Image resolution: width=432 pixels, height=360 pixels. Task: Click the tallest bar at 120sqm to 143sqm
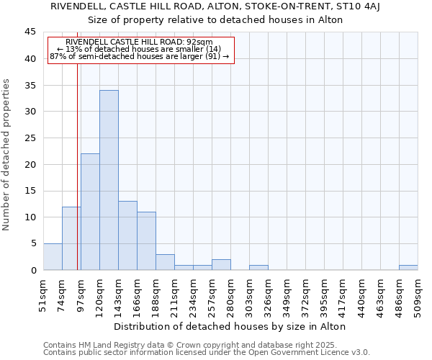(x=109, y=180)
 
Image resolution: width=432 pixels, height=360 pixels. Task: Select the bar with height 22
(x=90, y=212)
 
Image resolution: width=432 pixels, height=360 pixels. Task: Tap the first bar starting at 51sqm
(x=53, y=257)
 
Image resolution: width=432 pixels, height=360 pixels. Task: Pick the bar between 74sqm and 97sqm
(x=71, y=238)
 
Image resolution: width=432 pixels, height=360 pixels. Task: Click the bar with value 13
(x=127, y=235)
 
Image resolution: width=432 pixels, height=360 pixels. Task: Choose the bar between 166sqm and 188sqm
(x=146, y=241)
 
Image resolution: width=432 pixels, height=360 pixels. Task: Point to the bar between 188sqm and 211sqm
(x=165, y=262)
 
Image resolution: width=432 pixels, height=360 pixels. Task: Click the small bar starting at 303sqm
(x=258, y=268)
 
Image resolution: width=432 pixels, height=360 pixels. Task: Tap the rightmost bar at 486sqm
(x=408, y=268)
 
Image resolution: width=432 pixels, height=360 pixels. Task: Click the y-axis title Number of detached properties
(x=7, y=155)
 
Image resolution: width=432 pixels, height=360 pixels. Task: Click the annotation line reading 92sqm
(x=139, y=42)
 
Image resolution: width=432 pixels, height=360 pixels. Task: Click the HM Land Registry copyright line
(x=205, y=345)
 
